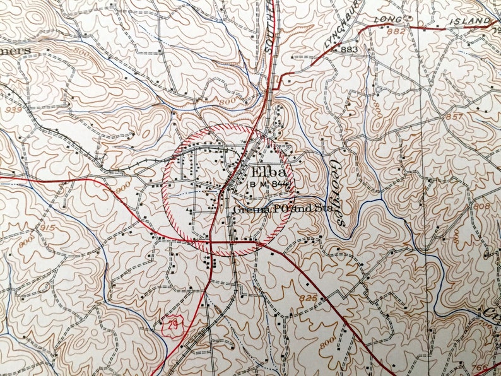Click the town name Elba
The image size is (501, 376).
(268, 172)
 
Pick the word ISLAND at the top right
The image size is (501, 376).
(471, 21)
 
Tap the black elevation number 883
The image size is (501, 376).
(348, 50)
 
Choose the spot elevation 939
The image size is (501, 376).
(11, 110)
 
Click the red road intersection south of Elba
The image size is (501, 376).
(211, 240)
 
